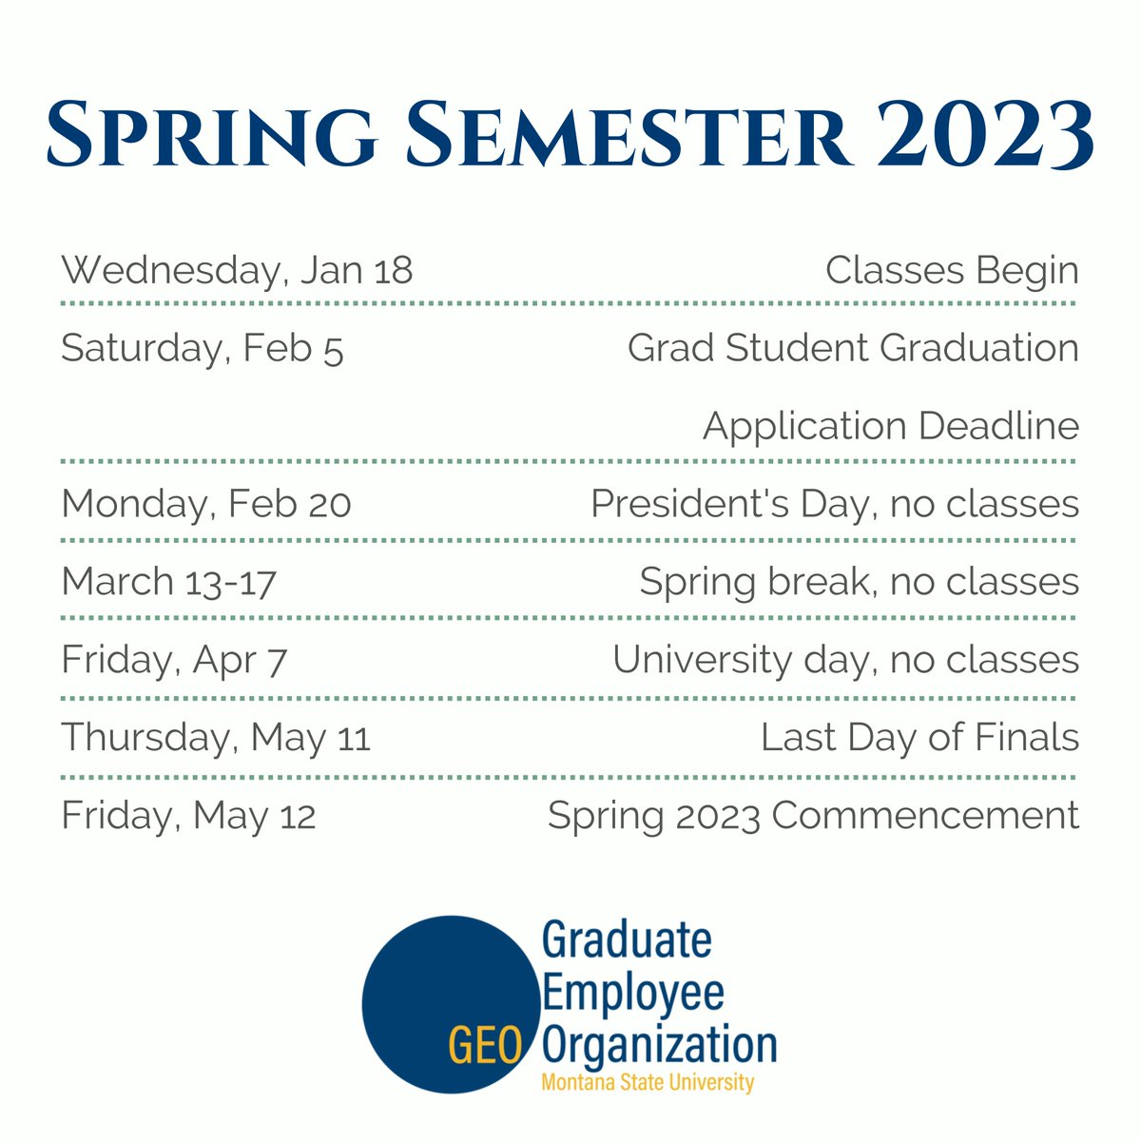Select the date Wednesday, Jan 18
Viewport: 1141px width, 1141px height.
pos(237,270)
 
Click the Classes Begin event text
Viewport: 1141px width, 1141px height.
pos(952,270)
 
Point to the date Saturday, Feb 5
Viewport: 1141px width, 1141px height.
pos(202,349)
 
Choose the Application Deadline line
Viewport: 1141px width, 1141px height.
pos(891,426)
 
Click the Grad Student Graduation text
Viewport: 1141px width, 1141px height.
pos(853,348)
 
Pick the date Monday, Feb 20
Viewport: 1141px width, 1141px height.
pos(206,504)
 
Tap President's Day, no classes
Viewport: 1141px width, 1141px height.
pos(835,504)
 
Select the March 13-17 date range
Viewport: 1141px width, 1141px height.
pos(168,582)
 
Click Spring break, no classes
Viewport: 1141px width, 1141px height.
pos(859,582)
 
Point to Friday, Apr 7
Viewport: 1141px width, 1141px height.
pos(174,660)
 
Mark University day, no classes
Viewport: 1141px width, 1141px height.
pos(845,660)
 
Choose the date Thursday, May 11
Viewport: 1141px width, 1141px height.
pos(216,738)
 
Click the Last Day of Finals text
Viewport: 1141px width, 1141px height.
pos(919,738)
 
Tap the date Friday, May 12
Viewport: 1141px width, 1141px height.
pos(188,816)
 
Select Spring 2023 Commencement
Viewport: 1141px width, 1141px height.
pos(813,816)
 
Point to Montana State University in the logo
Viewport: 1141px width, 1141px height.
pos(648,1083)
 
